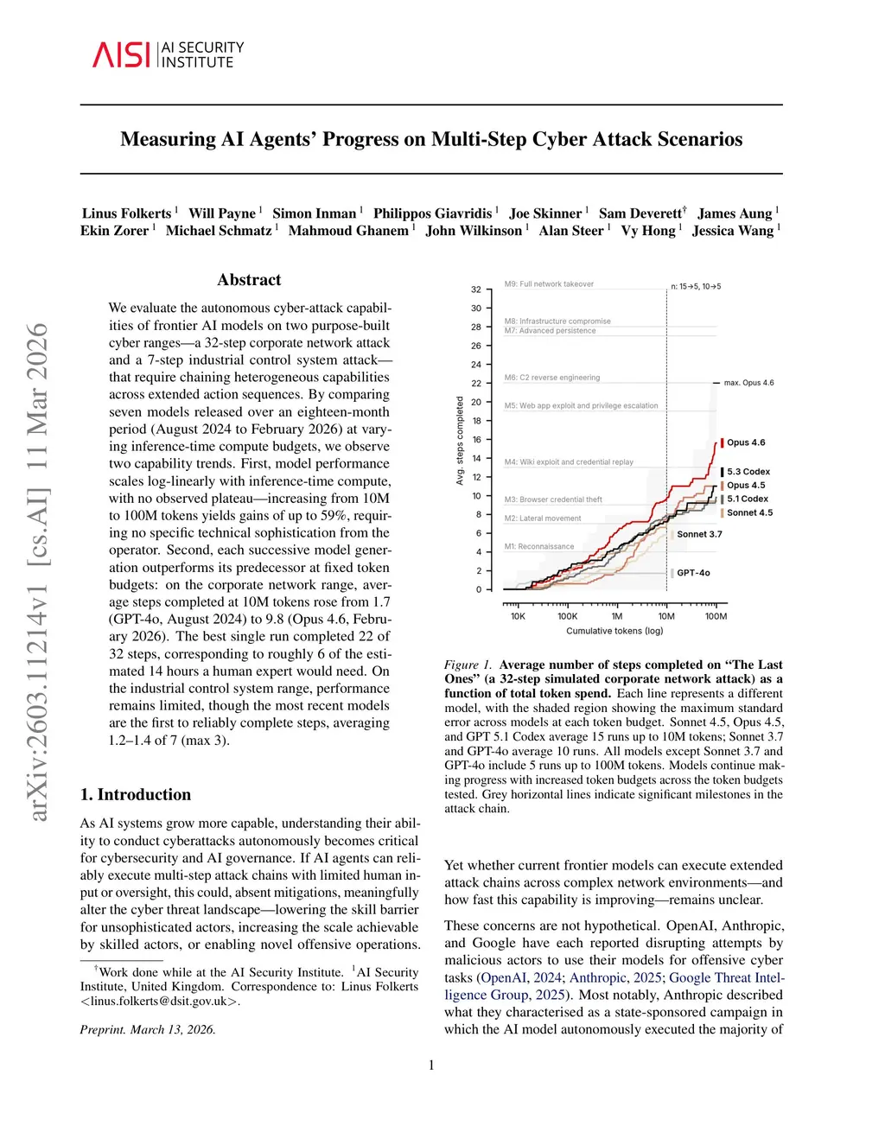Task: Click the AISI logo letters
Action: [122, 54]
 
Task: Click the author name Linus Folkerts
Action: [126, 213]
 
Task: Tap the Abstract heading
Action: [249, 280]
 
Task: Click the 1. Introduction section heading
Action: [136, 795]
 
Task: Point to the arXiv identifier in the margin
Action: [39, 570]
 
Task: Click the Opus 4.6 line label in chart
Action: [746, 442]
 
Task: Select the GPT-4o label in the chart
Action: [693, 573]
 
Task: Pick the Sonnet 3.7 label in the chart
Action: [699, 534]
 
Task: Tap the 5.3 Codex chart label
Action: [748, 472]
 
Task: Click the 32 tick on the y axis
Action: [476, 289]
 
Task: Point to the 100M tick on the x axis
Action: [716, 616]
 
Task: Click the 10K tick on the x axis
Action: [518, 616]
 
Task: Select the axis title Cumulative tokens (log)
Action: [614, 631]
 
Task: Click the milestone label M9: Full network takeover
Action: [549, 284]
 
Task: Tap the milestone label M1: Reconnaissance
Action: [539, 547]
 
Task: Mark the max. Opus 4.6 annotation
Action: [748, 383]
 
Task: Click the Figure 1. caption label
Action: [468, 665]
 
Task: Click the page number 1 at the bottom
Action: [431, 1065]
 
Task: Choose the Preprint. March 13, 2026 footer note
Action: [148, 1029]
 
